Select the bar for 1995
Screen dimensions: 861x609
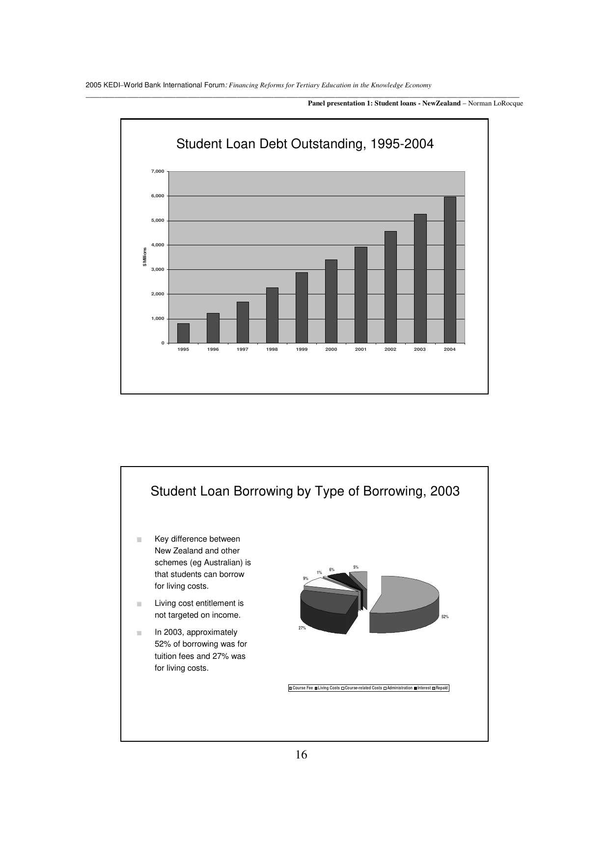183,333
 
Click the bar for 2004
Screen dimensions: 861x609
450,270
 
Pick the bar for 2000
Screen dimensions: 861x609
331,301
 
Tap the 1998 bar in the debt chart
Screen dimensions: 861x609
272,315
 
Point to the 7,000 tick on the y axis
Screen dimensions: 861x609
157,171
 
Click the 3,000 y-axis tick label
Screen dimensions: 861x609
157,269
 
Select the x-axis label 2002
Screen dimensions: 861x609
390,349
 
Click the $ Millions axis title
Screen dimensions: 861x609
144,257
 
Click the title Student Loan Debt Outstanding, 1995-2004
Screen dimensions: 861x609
304,144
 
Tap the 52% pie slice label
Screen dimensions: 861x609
444,617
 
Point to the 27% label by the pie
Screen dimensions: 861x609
302,628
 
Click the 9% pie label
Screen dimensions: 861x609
305,578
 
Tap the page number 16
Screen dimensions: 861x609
302,755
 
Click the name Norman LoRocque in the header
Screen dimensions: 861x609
496,104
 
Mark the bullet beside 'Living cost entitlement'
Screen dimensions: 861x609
139,604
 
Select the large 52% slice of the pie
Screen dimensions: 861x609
408,594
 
